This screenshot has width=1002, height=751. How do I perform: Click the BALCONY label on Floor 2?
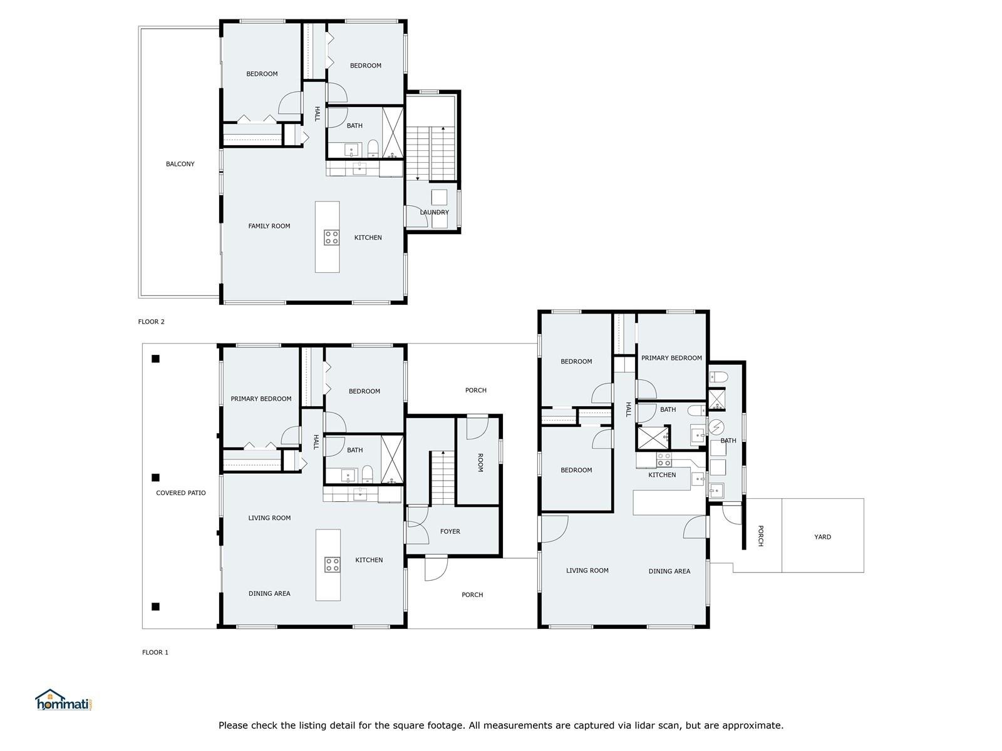point(180,164)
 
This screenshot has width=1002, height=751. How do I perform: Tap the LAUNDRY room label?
point(434,213)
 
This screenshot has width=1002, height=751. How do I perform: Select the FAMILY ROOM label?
point(269,226)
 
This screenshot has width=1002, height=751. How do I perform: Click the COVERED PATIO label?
point(181,493)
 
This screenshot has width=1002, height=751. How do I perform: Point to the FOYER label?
point(450,532)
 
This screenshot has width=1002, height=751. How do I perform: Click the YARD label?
point(823,537)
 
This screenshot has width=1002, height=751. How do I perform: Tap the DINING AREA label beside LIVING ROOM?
point(669,571)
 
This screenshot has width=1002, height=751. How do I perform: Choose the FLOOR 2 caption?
point(151,322)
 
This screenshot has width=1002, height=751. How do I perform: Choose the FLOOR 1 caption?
point(155,653)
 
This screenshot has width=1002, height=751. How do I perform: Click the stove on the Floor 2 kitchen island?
point(332,238)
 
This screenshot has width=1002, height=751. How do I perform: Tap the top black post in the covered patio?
point(156,359)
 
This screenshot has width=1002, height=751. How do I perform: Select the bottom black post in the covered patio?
point(156,607)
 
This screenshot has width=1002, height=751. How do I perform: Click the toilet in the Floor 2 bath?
point(373,148)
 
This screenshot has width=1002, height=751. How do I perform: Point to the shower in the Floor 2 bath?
point(393,133)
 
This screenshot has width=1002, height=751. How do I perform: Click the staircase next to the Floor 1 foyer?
point(442,478)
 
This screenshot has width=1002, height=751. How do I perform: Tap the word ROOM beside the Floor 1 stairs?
point(480,463)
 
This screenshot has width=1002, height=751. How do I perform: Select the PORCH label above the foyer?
point(476,391)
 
